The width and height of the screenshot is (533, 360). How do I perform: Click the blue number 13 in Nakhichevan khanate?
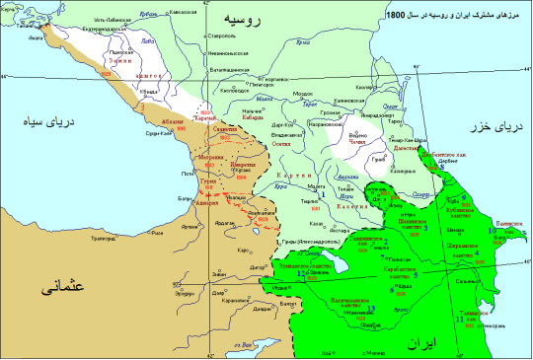pyautogui.click(x=371, y=309)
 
